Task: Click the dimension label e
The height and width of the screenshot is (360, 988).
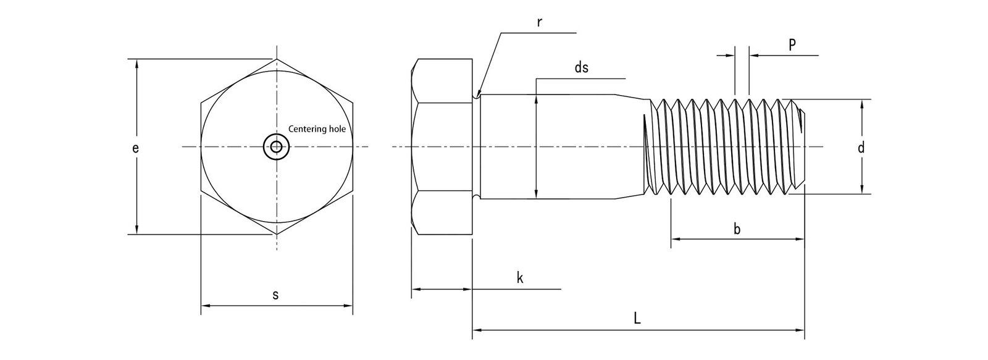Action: pyautogui.click(x=136, y=148)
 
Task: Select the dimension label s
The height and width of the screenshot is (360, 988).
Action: pyautogui.click(x=275, y=295)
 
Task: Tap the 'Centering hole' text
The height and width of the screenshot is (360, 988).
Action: pyautogui.click(x=317, y=130)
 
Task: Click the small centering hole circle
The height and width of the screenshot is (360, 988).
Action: pyautogui.click(x=275, y=147)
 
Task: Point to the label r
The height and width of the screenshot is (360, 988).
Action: pyautogui.click(x=539, y=23)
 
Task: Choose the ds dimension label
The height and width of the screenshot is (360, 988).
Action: pyautogui.click(x=581, y=69)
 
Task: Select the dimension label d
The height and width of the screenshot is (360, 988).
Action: pyautogui.click(x=861, y=147)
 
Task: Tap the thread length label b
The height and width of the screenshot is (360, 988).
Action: pyautogui.click(x=737, y=229)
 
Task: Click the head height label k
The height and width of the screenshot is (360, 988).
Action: pyautogui.click(x=520, y=278)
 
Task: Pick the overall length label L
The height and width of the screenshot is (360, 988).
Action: pyautogui.click(x=637, y=319)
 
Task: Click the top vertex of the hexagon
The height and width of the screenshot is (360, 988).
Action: pyautogui.click(x=276, y=59)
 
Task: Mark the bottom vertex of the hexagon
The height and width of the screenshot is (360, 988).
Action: pyautogui.click(x=276, y=235)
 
